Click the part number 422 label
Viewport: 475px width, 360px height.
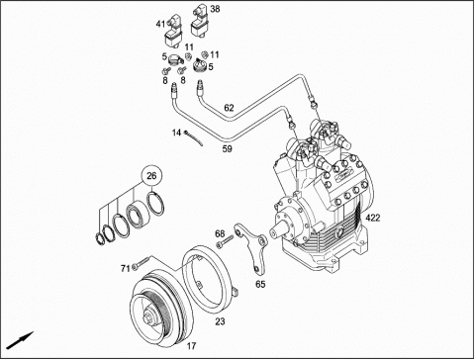click(x=372, y=218)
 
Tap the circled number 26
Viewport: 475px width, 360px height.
click(x=151, y=176)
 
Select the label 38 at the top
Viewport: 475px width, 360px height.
click(x=215, y=9)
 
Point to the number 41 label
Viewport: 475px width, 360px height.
click(x=160, y=24)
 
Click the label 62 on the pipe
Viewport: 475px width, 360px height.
click(x=229, y=108)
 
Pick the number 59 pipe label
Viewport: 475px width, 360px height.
click(x=228, y=149)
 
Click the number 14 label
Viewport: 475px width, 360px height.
click(x=176, y=133)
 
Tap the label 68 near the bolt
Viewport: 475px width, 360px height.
click(x=220, y=233)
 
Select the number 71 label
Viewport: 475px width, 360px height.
click(x=125, y=269)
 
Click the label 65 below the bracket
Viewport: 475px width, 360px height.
click(x=260, y=284)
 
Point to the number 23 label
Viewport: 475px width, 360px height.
click(x=220, y=320)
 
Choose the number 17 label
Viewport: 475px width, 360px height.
click(x=191, y=346)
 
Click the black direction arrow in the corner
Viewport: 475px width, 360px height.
click(x=20, y=340)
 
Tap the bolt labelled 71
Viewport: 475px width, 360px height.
click(x=141, y=263)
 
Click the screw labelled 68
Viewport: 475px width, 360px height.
click(x=225, y=241)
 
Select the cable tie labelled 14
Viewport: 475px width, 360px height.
click(x=194, y=138)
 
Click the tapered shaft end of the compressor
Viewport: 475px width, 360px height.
click(x=278, y=230)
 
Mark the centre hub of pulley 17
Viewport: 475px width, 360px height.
click(x=150, y=317)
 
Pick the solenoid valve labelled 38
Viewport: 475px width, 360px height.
click(x=200, y=21)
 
